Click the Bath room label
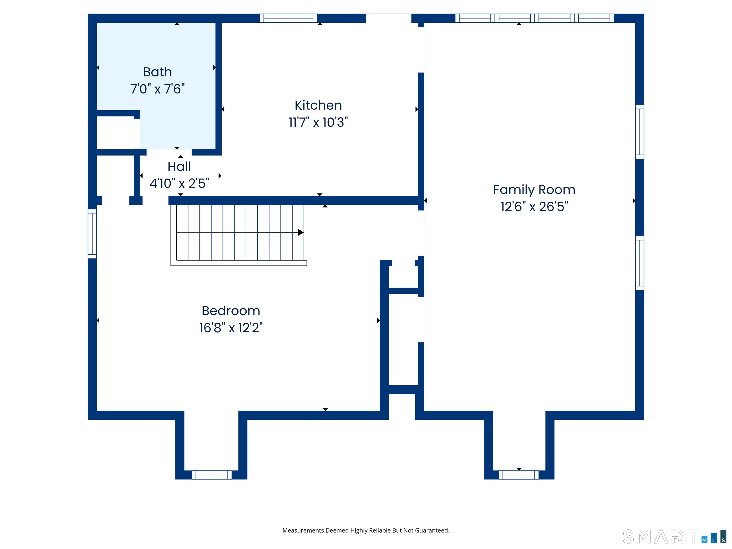[157, 72]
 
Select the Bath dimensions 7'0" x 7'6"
[157, 89]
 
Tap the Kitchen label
[318, 105]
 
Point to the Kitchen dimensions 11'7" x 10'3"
[318, 122]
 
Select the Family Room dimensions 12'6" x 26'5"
[534, 207]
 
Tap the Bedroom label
[231, 311]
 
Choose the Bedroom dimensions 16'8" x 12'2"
[231, 328]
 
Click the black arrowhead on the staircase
[300, 232]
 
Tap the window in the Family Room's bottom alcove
[518, 475]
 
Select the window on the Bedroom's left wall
[92, 234]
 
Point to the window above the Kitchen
[288, 18]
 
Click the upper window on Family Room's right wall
[640, 132]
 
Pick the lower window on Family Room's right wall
[640, 263]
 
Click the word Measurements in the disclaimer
[304, 530]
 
